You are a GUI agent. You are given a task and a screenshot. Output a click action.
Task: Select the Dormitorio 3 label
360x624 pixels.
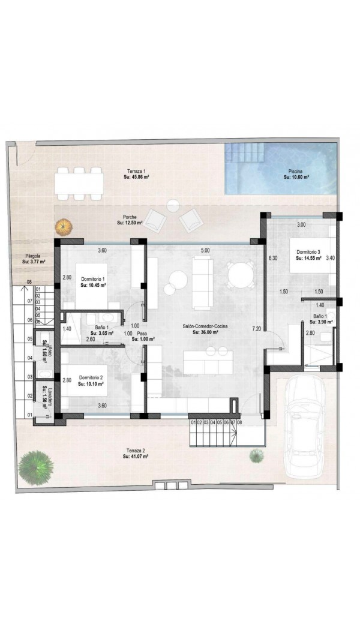[x=308, y=252]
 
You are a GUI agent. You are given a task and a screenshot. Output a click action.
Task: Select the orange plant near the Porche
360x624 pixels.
[x=63, y=227]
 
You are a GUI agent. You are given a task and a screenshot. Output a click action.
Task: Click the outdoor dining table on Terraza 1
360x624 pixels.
[x=79, y=184]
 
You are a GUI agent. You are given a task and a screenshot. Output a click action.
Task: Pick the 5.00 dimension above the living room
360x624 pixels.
[x=205, y=251]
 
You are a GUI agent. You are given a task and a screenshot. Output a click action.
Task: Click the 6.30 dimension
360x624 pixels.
[x=272, y=258]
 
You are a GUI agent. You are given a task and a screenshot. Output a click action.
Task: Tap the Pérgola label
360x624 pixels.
[x=32, y=256]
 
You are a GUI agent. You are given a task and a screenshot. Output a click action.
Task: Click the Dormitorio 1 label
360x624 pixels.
[x=92, y=279]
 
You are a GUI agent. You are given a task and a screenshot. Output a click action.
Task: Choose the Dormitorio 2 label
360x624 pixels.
[x=91, y=377]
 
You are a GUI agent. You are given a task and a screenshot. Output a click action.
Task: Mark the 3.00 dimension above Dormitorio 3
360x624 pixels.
[x=302, y=225]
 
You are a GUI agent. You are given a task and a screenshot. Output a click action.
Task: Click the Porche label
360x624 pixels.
[x=130, y=217]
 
